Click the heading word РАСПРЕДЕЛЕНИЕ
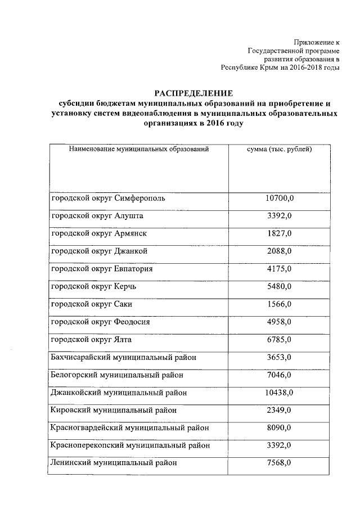click(193, 93)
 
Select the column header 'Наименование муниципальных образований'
click(139, 150)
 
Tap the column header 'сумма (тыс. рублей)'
click(280, 150)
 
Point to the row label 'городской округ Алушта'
click(97, 216)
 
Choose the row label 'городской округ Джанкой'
click(100, 251)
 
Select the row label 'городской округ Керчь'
click(94, 287)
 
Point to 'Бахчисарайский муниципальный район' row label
click(124, 358)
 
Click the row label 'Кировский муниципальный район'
click(114, 411)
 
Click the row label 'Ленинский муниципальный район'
click(114, 463)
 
